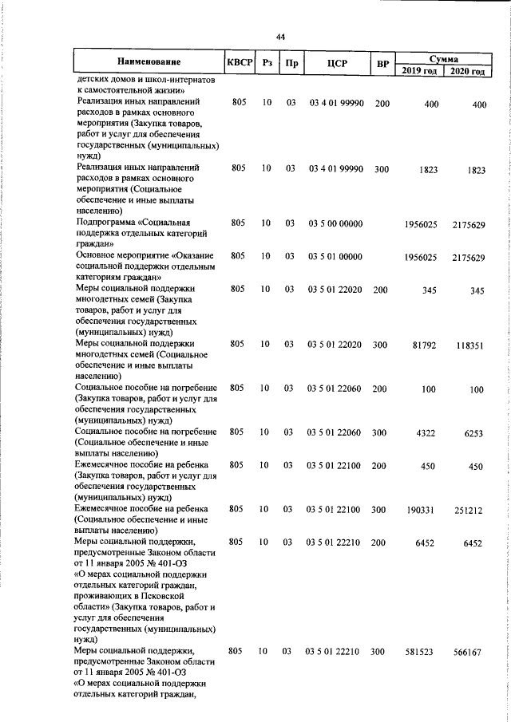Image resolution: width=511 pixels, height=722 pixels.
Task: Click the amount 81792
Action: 423,345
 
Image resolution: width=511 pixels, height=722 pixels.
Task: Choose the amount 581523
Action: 421,652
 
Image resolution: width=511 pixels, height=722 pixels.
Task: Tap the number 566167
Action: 467,653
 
